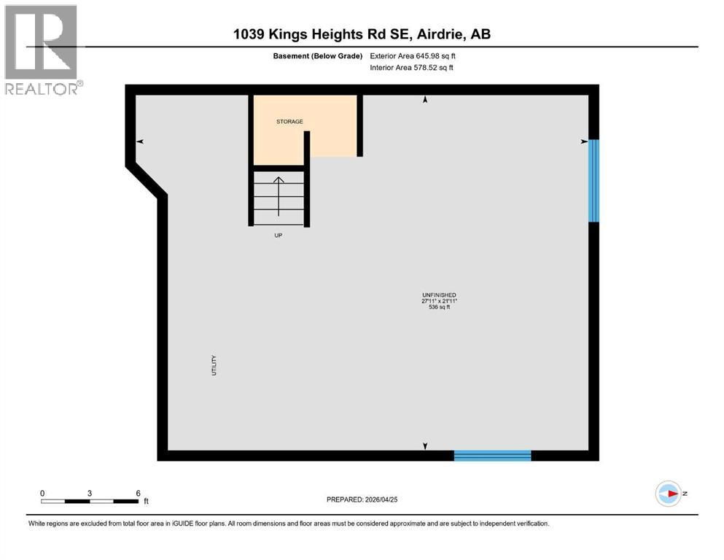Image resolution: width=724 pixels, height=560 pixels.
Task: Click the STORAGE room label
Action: tap(289, 122)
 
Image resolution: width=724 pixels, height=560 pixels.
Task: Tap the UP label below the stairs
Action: tap(278, 236)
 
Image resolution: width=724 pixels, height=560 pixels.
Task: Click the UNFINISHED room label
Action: tap(439, 295)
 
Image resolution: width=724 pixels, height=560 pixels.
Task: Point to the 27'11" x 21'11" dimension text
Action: tap(439, 301)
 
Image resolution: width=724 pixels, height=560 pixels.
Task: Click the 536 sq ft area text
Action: tap(439, 308)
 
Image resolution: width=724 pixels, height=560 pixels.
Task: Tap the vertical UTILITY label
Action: tap(214, 365)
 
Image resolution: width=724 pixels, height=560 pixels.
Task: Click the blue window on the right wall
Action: tap(593, 180)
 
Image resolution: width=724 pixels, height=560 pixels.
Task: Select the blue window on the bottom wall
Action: tap(492, 456)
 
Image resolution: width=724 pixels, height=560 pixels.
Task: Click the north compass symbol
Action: tap(669, 494)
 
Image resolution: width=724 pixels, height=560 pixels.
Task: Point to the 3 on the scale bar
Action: tap(90, 494)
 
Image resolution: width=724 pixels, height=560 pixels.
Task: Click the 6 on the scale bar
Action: tap(138, 494)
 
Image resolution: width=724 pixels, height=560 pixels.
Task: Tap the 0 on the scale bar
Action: tap(42, 494)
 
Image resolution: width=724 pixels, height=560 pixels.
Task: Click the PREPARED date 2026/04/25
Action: tap(362, 499)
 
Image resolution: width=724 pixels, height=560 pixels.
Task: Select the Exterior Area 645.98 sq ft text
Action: tap(413, 55)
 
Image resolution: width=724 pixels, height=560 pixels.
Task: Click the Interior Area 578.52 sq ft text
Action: tap(412, 68)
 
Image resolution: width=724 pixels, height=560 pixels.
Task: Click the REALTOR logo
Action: tap(42, 50)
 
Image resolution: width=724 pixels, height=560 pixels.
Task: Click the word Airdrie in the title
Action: tap(444, 34)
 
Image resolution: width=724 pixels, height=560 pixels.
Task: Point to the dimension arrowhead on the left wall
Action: tap(139, 141)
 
